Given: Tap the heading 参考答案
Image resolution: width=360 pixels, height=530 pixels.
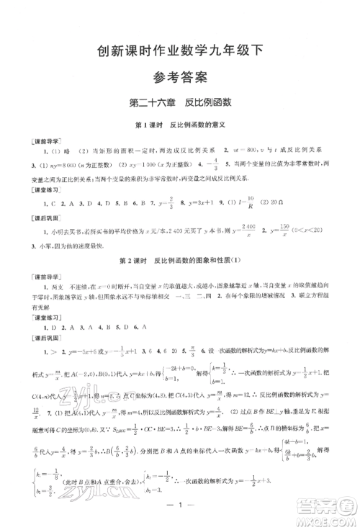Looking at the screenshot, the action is (x=180, y=76).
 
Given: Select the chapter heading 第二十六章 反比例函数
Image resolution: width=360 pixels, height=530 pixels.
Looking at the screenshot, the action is (x=180, y=102).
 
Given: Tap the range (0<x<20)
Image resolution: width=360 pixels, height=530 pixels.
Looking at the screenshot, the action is (x=331, y=230).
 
